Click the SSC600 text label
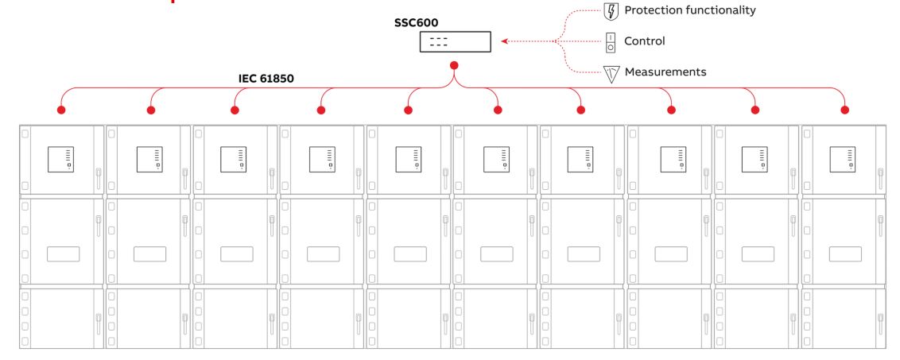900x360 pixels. click(417, 24)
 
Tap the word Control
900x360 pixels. click(644, 41)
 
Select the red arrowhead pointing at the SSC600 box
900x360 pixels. click(506, 42)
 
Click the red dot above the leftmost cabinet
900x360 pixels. click(60, 110)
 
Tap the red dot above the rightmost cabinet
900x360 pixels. click(844, 110)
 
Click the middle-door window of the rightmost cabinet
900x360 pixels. click(844, 254)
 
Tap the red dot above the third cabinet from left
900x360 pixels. click(235, 110)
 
